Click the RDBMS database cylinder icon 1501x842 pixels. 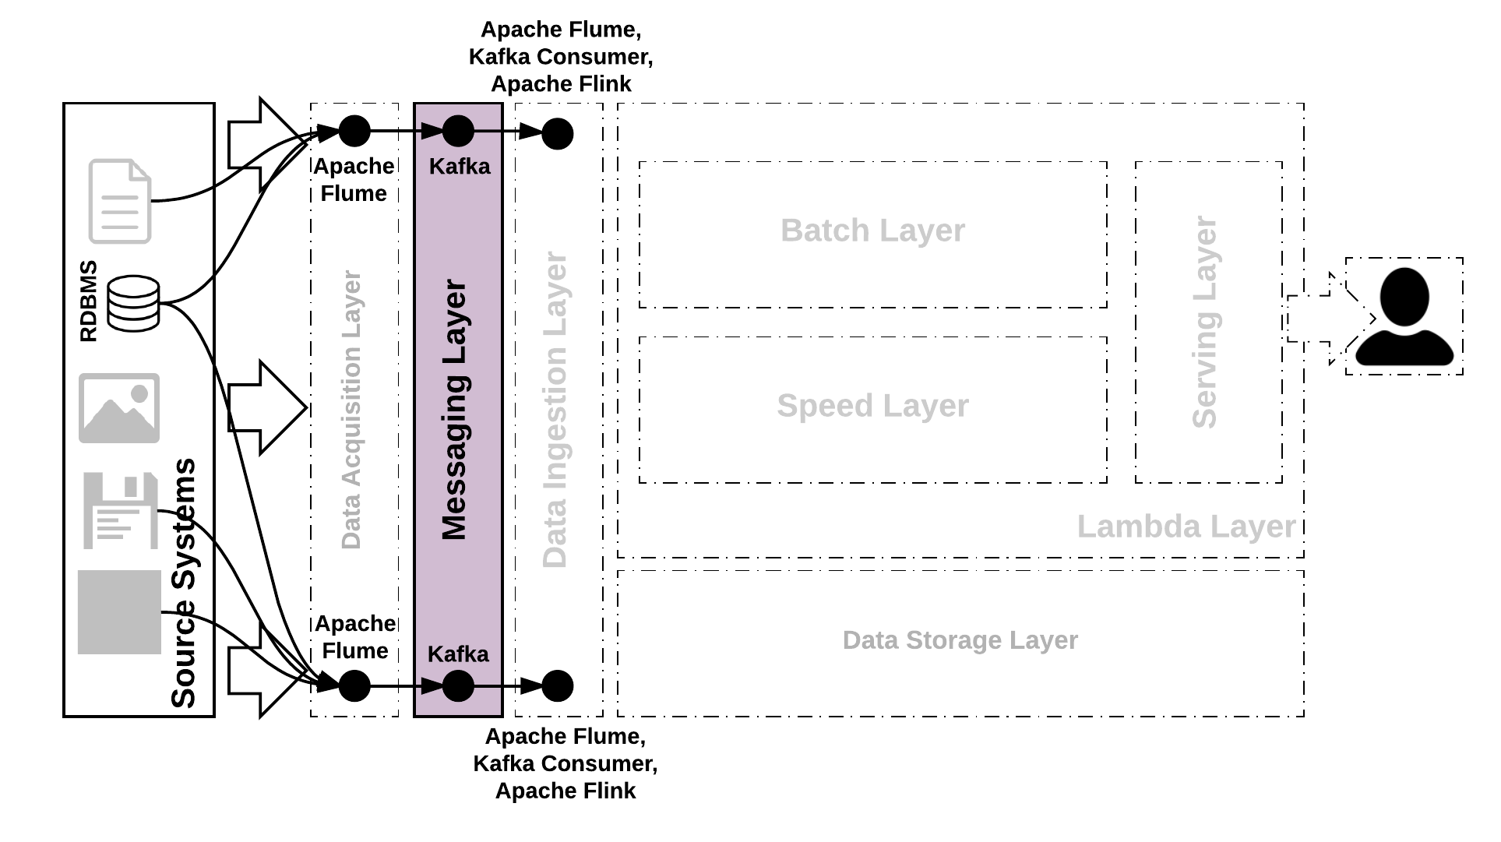133,303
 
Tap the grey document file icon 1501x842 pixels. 119,201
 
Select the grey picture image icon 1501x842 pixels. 119,408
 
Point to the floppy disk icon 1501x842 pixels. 120,510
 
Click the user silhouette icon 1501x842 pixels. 1404,317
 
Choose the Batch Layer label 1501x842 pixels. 872,231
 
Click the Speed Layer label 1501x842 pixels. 872,406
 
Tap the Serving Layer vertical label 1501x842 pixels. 1204,322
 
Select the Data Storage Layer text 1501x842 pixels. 960,640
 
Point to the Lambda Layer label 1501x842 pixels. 1186,527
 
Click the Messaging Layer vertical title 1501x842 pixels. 454,410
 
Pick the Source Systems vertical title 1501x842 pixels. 184,583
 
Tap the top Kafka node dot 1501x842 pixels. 458,131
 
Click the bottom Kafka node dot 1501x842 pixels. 458,686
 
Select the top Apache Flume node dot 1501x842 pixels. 354,131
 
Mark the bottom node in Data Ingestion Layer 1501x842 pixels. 557,686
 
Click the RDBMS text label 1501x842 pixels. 89,301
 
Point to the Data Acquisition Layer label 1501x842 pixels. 351,410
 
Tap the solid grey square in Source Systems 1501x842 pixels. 119,612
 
